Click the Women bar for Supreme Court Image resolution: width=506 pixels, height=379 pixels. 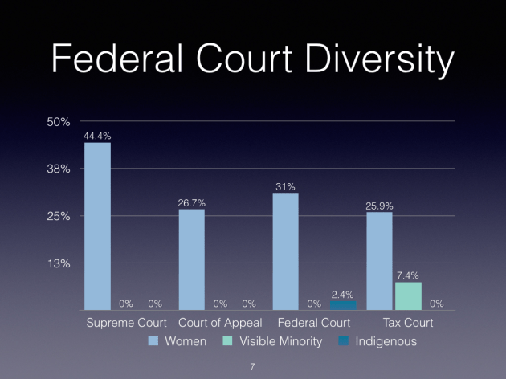point(97,226)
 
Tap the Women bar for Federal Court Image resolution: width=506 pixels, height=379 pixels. point(285,251)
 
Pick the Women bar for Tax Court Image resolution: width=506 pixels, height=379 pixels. point(379,261)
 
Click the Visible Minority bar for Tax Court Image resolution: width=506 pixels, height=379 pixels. point(408,296)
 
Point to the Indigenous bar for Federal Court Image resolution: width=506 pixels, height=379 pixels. point(343,306)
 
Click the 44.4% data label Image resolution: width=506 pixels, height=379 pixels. point(97,136)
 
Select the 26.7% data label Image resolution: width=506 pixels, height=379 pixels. point(191,202)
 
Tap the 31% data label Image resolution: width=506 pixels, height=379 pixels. point(285,186)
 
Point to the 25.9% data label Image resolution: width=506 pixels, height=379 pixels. point(379,206)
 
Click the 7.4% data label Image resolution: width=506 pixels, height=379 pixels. point(408,275)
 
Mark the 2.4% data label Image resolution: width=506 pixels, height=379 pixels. point(343,294)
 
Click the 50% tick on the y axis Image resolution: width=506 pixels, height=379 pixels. point(60,122)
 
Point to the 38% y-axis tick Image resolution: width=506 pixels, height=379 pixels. point(60,169)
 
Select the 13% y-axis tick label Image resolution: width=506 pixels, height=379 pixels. point(60,263)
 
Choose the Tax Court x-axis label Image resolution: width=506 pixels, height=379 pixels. point(407,323)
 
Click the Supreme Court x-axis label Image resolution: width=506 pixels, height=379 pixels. point(126,323)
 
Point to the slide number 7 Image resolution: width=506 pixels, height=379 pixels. point(253,366)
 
